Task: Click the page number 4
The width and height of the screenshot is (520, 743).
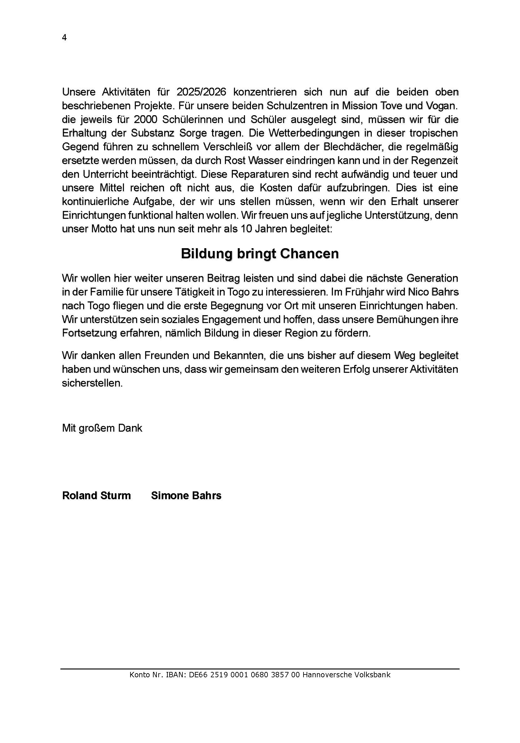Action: click(x=64, y=38)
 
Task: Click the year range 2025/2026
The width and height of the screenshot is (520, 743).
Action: click(x=201, y=92)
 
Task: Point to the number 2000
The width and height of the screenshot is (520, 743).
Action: click(x=145, y=120)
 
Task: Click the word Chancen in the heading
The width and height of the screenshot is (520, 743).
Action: click(x=309, y=254)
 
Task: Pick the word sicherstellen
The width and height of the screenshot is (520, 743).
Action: click(x=92, y=383)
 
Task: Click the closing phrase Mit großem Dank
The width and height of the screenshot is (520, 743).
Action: click(x=102, y=428)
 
